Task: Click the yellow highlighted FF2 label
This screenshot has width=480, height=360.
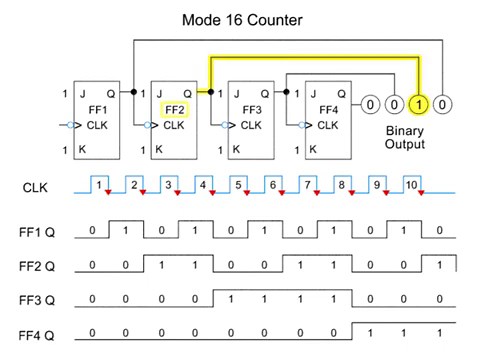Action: click(x=173, y=109)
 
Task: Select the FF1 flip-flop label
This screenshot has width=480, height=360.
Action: click(x=97, y=109)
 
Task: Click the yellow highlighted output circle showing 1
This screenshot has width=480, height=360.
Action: click(x=419, y=103)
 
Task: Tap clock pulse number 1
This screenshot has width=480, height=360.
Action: click(x=99, y=184)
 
